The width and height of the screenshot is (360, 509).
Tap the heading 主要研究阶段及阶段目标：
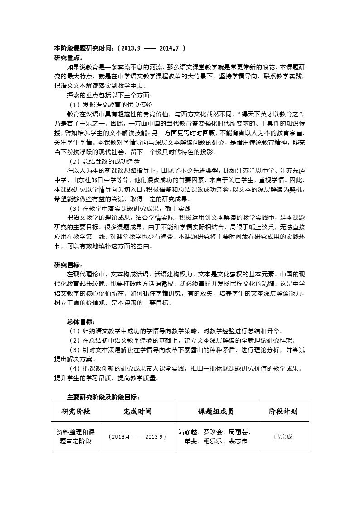pos(103,397)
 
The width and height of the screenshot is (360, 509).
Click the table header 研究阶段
pos(76,412)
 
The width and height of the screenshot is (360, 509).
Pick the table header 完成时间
pos(137,412)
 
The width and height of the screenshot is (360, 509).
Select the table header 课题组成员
pos(216,412)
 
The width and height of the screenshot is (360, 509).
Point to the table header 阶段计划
pos(283,412)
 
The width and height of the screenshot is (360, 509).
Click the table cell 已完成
pos(283,436)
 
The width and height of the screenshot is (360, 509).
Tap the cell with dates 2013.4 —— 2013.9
pos(137,436)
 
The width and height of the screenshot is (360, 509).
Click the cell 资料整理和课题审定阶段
pos(76,436)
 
